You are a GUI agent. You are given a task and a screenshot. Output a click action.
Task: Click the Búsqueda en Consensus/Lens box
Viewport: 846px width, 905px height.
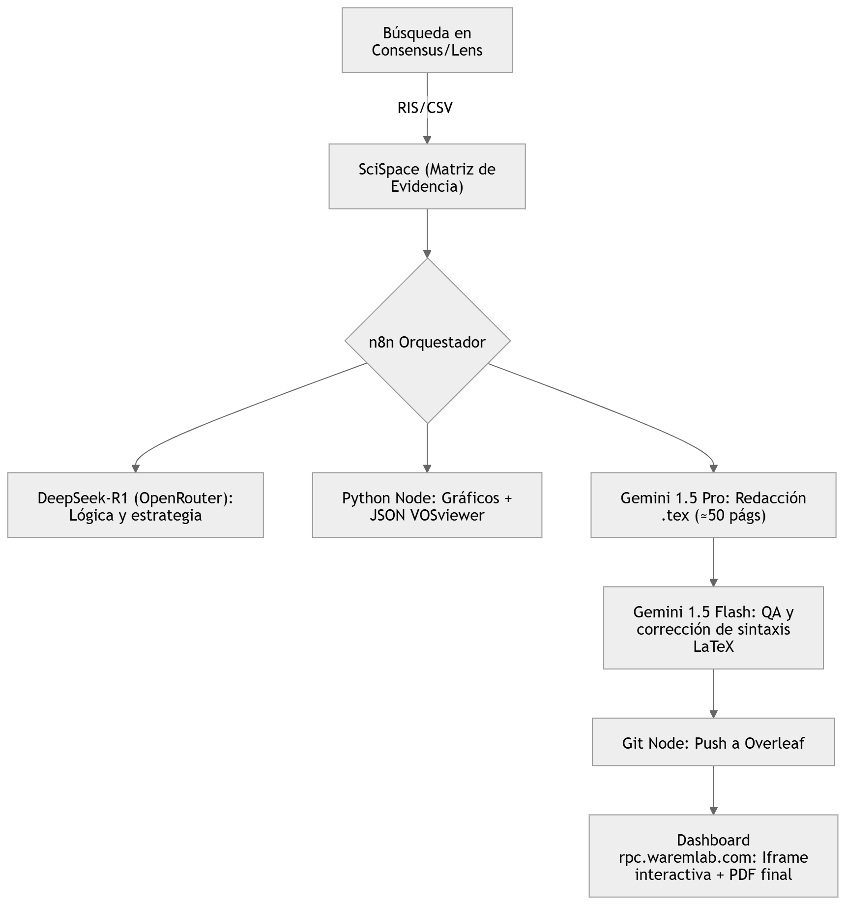click(x=427, y=40)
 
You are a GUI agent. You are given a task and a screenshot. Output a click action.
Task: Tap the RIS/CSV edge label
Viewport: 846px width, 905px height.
click(x=425, y=108)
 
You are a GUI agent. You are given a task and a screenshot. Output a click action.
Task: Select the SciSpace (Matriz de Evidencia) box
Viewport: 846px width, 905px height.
click(x=427, y=176)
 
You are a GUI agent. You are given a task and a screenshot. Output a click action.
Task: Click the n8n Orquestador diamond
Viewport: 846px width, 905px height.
click(x=427, y=341)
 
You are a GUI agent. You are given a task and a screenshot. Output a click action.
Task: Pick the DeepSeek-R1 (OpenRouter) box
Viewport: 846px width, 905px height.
click(x=136, y=505)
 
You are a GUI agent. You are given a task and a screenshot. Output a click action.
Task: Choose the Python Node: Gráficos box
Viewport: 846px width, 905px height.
click(x=427, y=505)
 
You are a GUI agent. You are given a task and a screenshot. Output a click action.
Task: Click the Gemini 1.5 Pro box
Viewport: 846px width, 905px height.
click(x=713, y=505)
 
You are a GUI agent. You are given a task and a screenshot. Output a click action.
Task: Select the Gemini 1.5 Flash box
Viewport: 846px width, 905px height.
click(x=713, y=628)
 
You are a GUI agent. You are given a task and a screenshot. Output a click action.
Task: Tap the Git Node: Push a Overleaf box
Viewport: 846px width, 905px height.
click(x=713, y=742)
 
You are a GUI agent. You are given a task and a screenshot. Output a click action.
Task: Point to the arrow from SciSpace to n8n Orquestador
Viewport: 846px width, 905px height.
click(x=427, y=234)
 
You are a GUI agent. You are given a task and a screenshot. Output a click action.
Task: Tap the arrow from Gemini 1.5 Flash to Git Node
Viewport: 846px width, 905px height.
click(x=713, y=693)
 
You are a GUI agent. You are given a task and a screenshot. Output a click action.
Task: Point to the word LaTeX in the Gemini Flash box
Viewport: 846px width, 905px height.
click(x=713, y=647)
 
